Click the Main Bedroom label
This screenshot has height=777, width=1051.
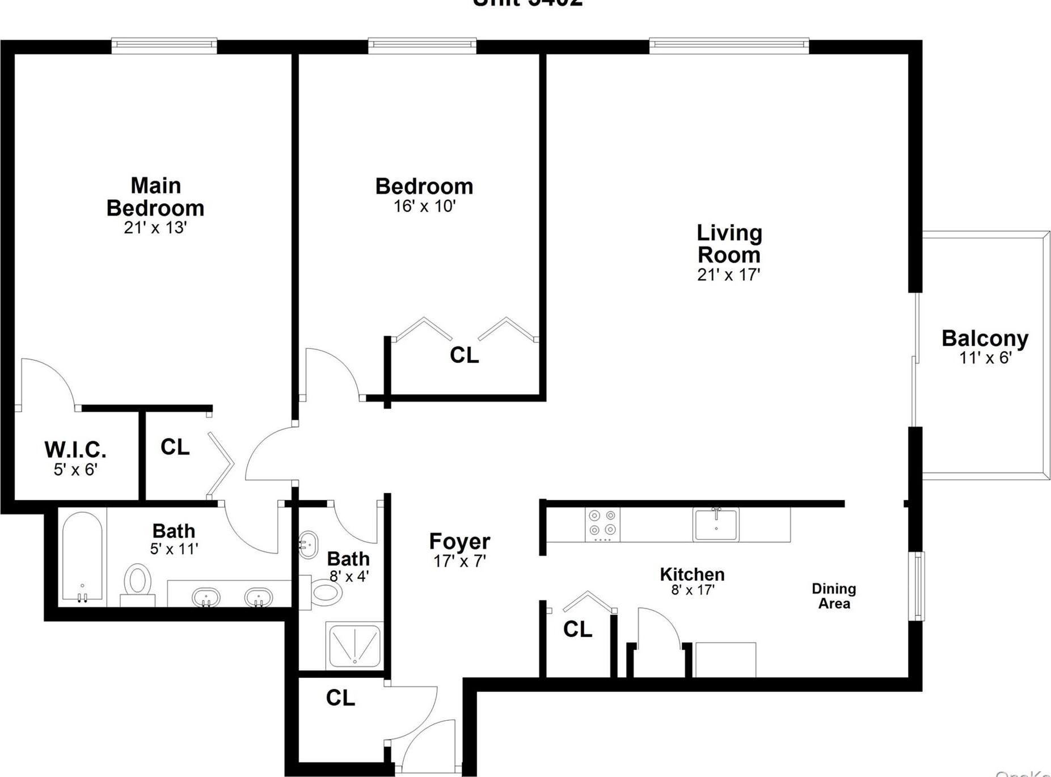tap(155, 197)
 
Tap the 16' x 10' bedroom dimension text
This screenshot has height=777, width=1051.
tap(425, 206)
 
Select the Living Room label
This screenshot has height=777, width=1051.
tap(729, 244)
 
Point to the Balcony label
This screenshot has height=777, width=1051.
tap(985, 339)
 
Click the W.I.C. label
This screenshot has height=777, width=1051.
tap(75, 450)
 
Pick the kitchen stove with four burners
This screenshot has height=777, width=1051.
tap(602, 523)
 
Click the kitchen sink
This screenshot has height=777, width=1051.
tap(716, 524)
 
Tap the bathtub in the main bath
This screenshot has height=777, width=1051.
tap(82, 558)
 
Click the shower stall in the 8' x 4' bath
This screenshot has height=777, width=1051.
tap(354, 645)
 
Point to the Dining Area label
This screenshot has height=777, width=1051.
tap(833, 596)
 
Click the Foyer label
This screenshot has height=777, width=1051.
tap(459, 542)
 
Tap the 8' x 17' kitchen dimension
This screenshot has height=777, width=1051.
tap(692, 590)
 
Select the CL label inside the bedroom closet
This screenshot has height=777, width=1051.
tap(464, 355)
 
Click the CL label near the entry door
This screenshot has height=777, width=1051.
tap(340, 698)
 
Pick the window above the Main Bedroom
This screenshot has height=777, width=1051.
tap(164, 44)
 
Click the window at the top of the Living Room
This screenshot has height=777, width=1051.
tap(729, 44)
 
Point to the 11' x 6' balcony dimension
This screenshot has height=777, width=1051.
tap(985, 358)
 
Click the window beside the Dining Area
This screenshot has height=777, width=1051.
tap(918, 586)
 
